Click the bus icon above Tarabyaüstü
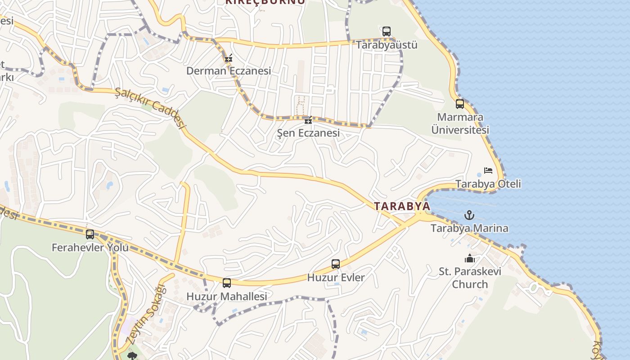(387, 31)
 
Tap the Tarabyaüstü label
(387, 45)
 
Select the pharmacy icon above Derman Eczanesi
(229, 58)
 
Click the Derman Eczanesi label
(229, 71)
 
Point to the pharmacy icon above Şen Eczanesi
(308, 120)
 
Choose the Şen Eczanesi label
(308, 133)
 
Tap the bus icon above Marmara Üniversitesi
(460, 104)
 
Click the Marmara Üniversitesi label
(460, 124)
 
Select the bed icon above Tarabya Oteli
(488, 171)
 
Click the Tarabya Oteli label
(488, 184)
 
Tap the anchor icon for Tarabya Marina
(469, 215)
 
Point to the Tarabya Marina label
(469, 228)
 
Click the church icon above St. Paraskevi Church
(470, 258)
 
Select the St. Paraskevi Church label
(470, 278)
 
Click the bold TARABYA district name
(402, 206)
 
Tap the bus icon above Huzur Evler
(336, 264)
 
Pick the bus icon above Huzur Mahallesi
(227, 283)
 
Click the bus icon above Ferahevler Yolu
(90, 234)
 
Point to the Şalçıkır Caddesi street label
(150, 108)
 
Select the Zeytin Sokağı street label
(146, 315)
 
